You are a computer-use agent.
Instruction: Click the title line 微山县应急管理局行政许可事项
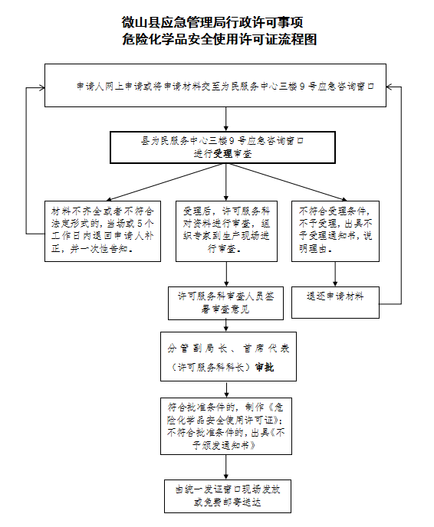point(212,22)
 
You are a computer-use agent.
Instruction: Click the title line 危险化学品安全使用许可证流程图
point(219,39)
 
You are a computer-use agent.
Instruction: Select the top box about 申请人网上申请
point(215,85)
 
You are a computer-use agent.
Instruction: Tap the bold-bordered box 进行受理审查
point(222,148)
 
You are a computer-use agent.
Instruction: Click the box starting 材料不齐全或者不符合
point(103,231)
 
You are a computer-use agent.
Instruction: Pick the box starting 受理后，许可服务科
point(226,231)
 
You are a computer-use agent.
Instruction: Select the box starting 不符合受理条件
point(335,231)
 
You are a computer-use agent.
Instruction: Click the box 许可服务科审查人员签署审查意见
point(225,303)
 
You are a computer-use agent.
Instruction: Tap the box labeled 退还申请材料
point(335,303)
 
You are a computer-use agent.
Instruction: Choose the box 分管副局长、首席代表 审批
point(229,357)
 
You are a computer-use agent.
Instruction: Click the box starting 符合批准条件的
point(226,426)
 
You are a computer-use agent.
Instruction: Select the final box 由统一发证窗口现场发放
point(228,496)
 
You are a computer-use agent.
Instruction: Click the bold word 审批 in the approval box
point(265,368)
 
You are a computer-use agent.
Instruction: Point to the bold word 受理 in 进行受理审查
point(222,154)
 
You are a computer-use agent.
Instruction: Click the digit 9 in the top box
point(302,87)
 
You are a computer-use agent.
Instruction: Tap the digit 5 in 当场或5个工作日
point(140,224)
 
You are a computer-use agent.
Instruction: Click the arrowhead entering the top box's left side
point(42,88)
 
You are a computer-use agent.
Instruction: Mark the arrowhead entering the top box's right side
point(389,87)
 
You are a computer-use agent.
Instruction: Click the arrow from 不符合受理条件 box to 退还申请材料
point(335,274)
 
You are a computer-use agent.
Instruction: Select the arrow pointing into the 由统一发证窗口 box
point(226,467)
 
